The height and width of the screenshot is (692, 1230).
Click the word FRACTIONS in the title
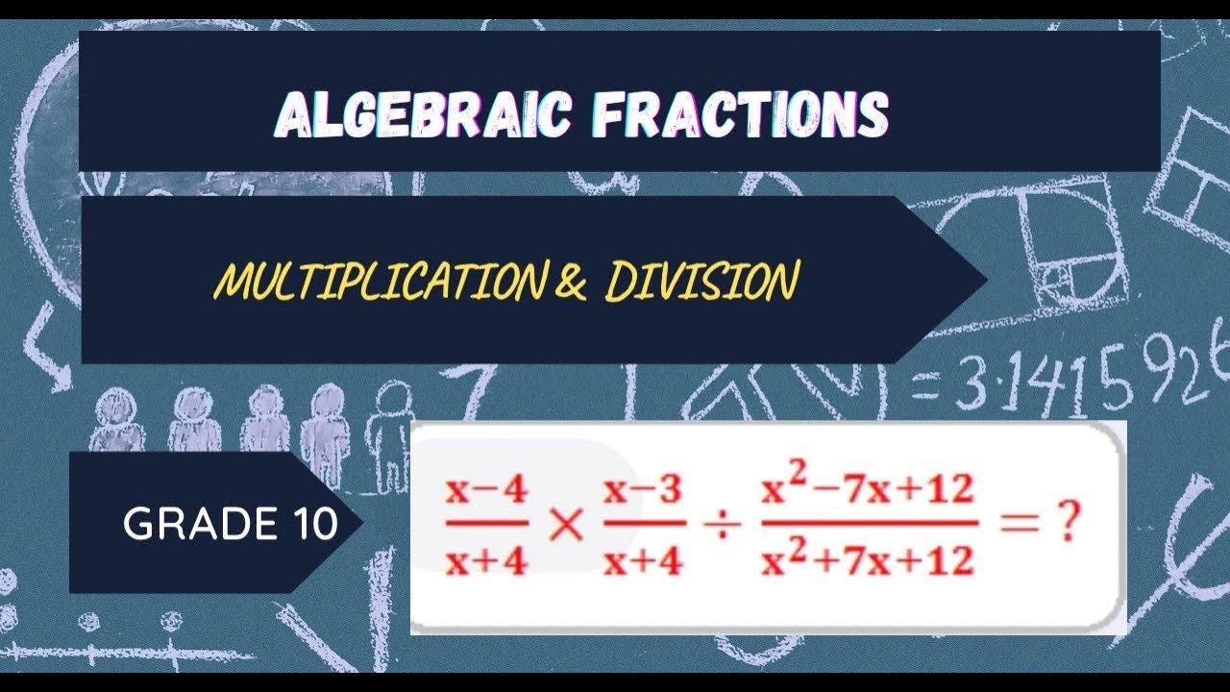pyautogui.click(x=740, y=115)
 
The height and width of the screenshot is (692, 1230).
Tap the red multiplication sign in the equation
pyautogui.click(x=567, y=526)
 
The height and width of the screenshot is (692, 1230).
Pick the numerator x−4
pyautogui.click(x=486, y=491)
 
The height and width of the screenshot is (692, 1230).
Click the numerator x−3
pyautogui.click(x=644, y=491)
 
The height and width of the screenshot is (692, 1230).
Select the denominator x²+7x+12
pyautogui.click(x=868, y=558)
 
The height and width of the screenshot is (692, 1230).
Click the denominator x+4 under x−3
pyautogui.click(x=644, y=559)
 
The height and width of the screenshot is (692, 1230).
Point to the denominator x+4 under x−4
pyautogui.click(x=486, y=559)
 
